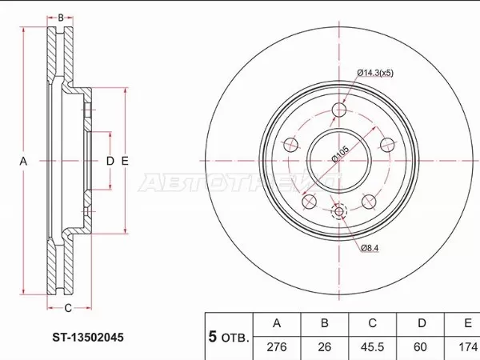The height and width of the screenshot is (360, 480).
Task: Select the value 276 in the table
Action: click(278, 347)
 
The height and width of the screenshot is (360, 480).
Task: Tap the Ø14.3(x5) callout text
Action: click(376, 73)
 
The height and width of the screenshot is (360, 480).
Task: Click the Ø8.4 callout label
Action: click(369, 250)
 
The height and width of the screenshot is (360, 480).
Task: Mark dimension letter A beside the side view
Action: click(23, 162)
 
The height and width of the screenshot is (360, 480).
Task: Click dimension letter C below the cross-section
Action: click(68, 308)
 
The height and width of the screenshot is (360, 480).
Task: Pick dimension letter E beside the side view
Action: click(125, 162)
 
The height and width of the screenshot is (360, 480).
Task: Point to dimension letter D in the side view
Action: click(110, 162)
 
